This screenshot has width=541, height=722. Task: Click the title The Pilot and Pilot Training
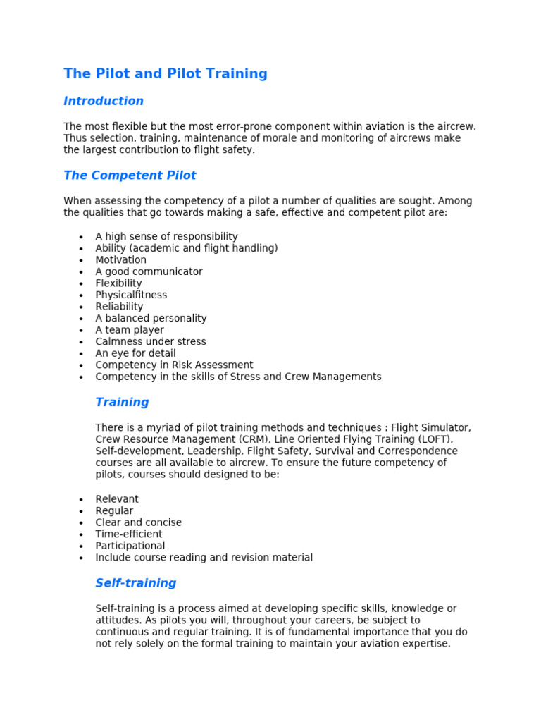[x=166, y=73]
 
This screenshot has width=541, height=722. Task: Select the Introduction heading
[x=104, y=101]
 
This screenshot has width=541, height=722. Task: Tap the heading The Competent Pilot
[x=130, y=176]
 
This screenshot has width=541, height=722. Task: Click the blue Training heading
[x=122, y=403]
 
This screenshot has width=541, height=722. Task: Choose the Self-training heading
[x=136, y=583]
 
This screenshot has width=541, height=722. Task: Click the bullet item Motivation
[x=121, y=260]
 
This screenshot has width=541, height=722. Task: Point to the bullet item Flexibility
[x=118, y=283]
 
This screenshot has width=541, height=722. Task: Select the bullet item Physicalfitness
[x=131, y=295]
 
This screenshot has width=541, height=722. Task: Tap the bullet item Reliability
[x=119, y=307]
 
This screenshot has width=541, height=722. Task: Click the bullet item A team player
[x=130, y=330]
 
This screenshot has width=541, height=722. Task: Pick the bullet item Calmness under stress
[x=151, y=342]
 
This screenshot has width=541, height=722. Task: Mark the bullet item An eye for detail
[x=136, y=353]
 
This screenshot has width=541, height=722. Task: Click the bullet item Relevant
[x=117, y=499]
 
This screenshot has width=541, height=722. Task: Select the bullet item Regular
[x=114, y=511]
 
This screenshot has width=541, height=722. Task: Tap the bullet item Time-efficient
[x=129, y=534]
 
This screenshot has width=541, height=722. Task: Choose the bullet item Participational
[x=130, y=546]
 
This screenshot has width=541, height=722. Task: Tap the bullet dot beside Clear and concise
[x=82, y=523]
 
